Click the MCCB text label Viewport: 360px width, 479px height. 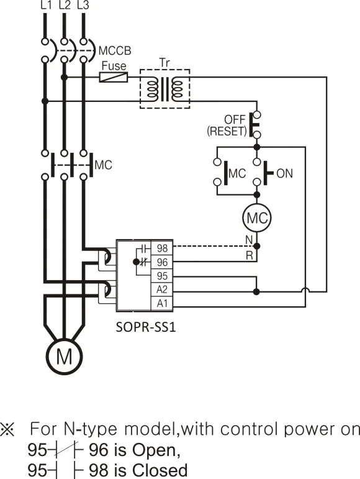[114, 50]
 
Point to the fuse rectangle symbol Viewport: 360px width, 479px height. [114, 78]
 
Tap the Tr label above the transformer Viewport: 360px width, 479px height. [164, 63]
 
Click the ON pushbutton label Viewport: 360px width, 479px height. [284, 173]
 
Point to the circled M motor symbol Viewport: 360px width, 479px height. [64, 357]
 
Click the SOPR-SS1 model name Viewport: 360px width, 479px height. [146, 326]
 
